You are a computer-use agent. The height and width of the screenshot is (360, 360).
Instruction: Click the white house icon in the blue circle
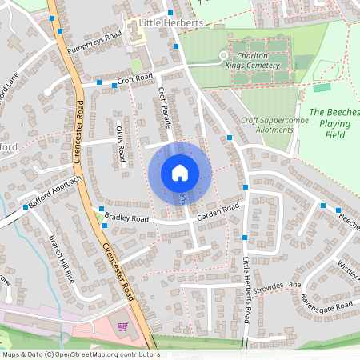pyautogui.click(x=179, y=172)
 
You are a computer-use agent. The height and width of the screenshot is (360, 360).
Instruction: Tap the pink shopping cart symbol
pyautogui.click(x=122, y=326)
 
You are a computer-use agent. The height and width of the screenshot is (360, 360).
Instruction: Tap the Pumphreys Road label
pyautogui.click(x=94, y=42)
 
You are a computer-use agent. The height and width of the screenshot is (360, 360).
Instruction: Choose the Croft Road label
pyautogui.click(x=134, y=78)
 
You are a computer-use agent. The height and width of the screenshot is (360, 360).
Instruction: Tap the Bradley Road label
pyautogui.click(x=126, y=218)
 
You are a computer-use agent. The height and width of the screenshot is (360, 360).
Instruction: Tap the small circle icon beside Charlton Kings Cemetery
pyautogui.click(x=224, y=55)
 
